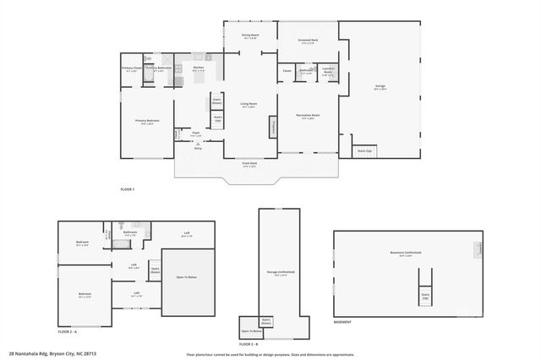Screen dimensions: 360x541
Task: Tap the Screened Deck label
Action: [308, 41]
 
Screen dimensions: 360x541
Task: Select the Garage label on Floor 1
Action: [380, 87]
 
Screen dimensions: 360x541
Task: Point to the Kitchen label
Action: [199, 68]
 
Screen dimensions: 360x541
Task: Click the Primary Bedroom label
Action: [147, 121]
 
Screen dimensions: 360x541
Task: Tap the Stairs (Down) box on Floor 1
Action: [216, 101]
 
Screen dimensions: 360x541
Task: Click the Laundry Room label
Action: [328, 71]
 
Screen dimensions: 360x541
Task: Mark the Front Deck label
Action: [250, 165]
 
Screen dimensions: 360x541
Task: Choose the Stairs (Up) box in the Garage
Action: [364, 151]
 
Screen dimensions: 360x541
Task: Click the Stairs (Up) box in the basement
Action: [425, 297]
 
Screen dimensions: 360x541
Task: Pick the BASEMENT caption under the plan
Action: [343, 322]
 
